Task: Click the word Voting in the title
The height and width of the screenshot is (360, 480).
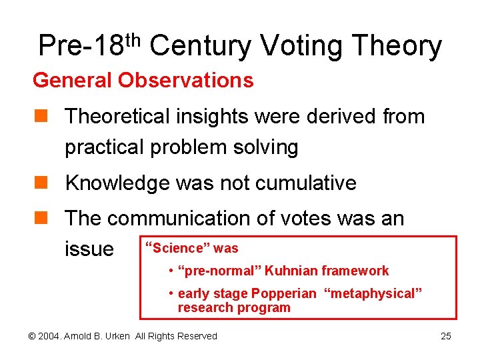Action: (x=300, y=46)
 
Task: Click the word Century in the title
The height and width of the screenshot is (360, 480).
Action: (x=199, y=46)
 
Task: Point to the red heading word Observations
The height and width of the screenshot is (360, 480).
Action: (x=186, y=81)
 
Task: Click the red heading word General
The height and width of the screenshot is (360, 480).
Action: (x=73, y=81)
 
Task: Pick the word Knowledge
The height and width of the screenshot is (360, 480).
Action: (x=117, y=183)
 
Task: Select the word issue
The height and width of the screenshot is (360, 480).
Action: (x=89, y=249)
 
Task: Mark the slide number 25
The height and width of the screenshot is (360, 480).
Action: (x=446, y=336)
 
